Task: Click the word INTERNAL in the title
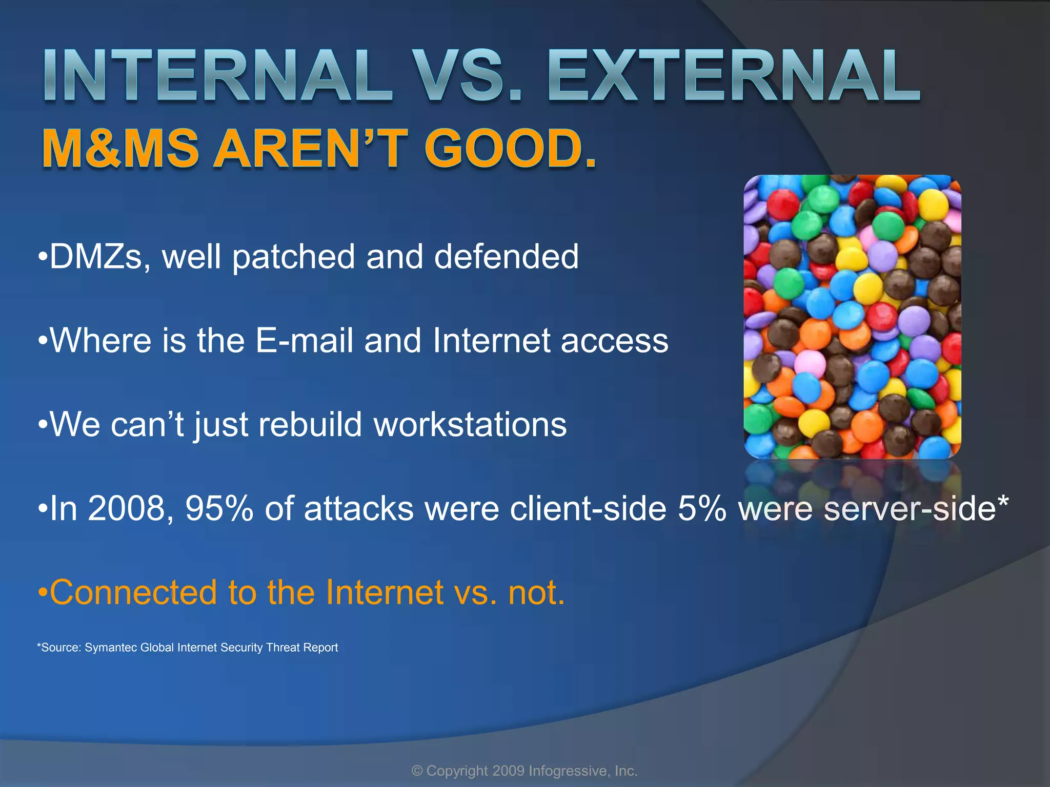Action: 218,76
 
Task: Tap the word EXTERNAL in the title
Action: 734,76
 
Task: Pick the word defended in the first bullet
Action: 507,257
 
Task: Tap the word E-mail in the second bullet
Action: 304,341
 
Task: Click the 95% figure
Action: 219,509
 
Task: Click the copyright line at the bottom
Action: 524,771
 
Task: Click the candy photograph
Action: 852,317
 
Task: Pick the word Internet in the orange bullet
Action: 385,593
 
